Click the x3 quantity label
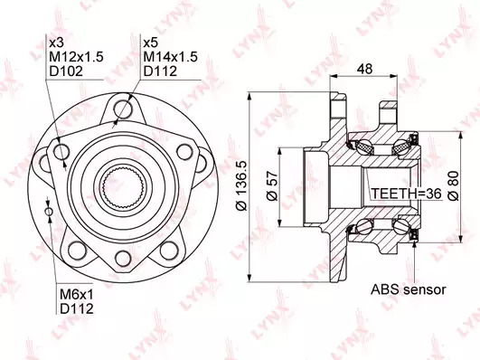click(x=56, y=43)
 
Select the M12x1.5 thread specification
click(x=76, y=57)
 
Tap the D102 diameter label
click(x=66, y=71)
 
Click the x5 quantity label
click(x=150, y=43)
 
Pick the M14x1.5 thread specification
click(x=171, y=57)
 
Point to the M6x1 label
click(x=76, y=295)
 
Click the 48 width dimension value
click(x=364, y=69)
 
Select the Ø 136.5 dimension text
click(x=241, y=186)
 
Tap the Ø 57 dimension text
click(x=272, y=186)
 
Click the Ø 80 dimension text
click(x=453, y=186)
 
